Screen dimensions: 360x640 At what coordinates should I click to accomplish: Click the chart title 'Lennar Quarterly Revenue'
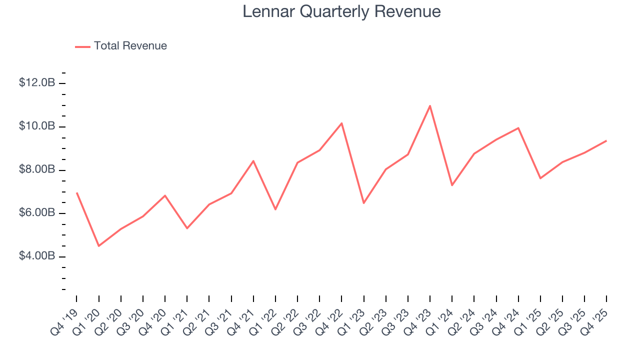341,11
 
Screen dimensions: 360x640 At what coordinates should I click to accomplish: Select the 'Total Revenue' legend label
130,46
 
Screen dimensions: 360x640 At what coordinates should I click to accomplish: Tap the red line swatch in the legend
82,46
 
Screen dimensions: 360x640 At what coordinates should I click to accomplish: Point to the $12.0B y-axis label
37,83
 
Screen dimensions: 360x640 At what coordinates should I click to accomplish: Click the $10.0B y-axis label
37,126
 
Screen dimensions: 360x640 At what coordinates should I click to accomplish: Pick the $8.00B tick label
37,170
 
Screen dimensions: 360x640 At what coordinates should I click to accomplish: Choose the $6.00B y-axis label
37,213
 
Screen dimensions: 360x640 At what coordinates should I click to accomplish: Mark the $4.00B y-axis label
37,256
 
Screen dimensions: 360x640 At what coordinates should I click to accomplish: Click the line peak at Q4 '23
430,105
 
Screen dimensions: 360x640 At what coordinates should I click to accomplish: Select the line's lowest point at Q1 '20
98,246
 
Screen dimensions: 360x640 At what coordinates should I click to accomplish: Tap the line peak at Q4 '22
341,123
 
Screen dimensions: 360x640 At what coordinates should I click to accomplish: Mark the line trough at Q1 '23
363,203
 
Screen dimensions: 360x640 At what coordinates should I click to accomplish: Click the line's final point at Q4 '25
606,140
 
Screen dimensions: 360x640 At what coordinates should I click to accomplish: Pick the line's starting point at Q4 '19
76,192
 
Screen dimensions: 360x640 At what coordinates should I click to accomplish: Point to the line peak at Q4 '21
253,160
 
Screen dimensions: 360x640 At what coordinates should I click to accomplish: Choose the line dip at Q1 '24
452,185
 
